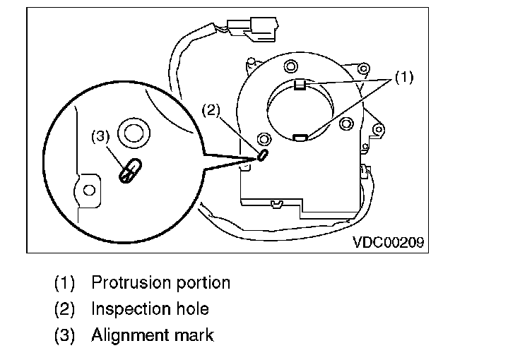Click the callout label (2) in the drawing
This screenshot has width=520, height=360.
[x=212, y=110]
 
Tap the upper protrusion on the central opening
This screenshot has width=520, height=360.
[x=299, y=85]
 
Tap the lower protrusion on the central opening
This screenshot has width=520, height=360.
[x=300, y=137]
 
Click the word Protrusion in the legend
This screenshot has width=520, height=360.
[x=129, y=283]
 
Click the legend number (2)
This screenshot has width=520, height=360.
[x=65, y=308]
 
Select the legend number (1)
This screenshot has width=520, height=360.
[x=65, y=283]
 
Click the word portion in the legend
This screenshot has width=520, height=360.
[x=202, y=283]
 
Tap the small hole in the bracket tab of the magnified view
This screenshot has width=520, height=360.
[x=88, y=190]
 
